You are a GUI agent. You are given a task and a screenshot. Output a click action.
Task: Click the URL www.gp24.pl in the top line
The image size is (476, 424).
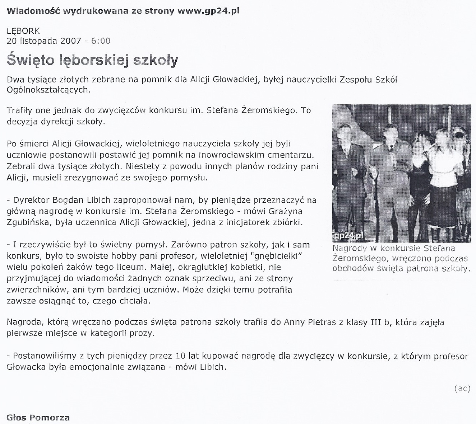pos(208,10)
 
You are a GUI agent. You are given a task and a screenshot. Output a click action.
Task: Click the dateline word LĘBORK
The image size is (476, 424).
pos(23,31)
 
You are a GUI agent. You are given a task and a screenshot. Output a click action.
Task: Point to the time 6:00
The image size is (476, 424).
pos(101,41)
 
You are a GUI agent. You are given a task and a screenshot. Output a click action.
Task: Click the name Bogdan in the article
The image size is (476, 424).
pos(68,200)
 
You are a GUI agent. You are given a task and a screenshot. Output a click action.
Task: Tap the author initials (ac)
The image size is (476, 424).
pos(462,388)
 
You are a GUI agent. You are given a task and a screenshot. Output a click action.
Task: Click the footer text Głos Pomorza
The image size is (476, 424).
pos(38,418)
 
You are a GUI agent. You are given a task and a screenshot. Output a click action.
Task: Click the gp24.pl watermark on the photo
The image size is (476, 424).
pos(347,236)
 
